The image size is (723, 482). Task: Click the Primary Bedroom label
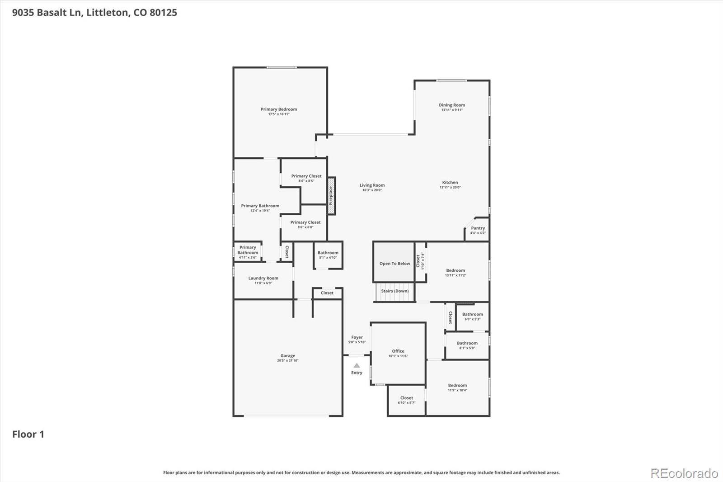[x=279, y=109]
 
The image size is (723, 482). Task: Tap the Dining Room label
[x=452, y=105]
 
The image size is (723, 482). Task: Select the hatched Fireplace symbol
[x=331, y=196]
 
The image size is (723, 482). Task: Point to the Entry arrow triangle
[x=357, y=365]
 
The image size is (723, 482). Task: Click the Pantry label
[x=478, y=228]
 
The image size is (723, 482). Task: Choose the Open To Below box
[x=394, y=263]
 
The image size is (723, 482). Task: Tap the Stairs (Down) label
[x=394, y=291]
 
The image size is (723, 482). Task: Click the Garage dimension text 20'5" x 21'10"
[x=287, y=361]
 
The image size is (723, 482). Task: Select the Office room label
[x=398, y=351]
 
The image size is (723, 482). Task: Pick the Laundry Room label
[x=263, y=278]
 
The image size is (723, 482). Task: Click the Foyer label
[x=357, y=337]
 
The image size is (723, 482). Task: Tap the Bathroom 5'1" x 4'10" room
[x=328, y=255]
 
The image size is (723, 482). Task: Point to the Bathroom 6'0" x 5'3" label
[x=472, y=314]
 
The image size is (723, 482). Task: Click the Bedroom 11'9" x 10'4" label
[x=457, y=386]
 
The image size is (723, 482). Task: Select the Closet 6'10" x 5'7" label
[x=406, y=398]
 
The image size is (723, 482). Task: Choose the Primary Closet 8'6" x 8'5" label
[x=306, y=176]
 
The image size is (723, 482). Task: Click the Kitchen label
[x=450, y=183]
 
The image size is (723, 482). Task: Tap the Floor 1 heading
[x=28, y=435]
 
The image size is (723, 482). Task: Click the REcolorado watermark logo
[x=684, y=473]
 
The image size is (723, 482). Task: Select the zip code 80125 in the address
[x=163, y=13]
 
